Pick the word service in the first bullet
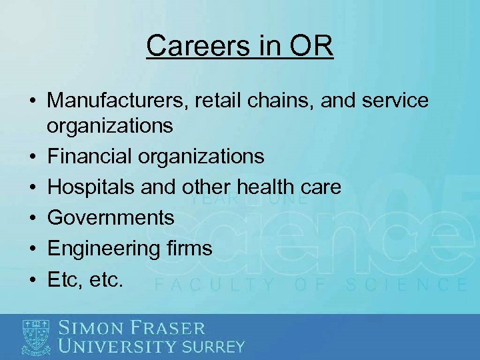tap(395, 101)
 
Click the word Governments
tap(111, 217)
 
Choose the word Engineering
tap(102, 249)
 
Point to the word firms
tap(187, 249)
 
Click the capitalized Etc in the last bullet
tap(63, 279)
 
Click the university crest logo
tap(36, 336)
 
